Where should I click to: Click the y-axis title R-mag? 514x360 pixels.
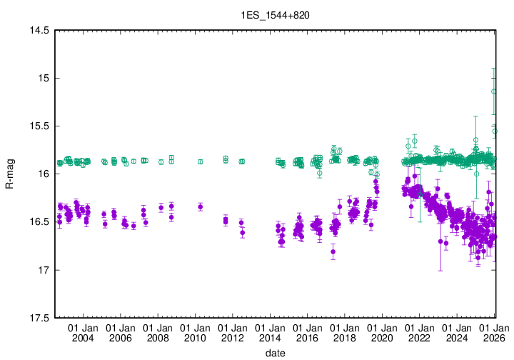pyautogui.click(x=9, y=174)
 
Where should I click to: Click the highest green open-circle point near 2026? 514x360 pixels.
pyautogui.click(x=494, y=91)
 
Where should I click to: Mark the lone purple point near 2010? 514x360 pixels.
pyautogui.click(x=200, y=206)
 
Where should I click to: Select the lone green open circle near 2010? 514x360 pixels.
pyautogui.click(x=200, y=162)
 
